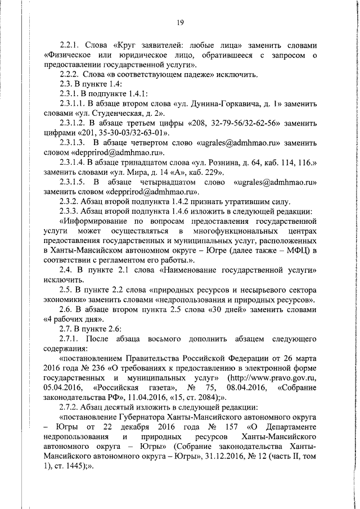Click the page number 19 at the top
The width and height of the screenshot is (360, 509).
[x=180, y=22]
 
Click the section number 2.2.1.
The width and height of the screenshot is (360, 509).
[x=71, y=44]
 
